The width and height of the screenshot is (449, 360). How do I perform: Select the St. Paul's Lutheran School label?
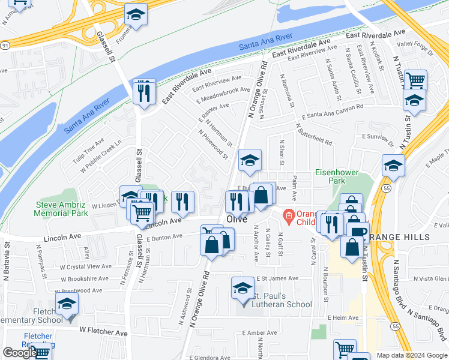pyautogui.click(x=282, y=300)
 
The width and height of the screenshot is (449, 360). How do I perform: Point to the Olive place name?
pyautogui.click(x=237, y=220)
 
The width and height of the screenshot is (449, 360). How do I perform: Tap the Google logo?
pyautogui.click(x=20, y=353)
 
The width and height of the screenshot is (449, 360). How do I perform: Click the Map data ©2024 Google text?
pyautogui.click(x=412, y=355)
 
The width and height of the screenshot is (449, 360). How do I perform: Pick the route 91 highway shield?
pyautogui.click(x=5, y=45)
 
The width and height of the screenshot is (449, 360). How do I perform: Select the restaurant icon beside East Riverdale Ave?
pyautogui.click(x=144, y=92)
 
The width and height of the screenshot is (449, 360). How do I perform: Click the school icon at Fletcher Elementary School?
pyautogui.click(x=67, y=305)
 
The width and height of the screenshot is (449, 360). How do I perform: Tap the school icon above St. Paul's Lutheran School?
pyautogui.click(x=243, y=289)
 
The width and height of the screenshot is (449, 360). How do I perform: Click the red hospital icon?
pyautogui.click(x=289, y=215)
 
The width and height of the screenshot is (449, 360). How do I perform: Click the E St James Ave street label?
pyautogui.click(x=277, y=278)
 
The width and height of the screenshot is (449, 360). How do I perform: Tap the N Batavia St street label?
pyautogui.click(x=7, y=259)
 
